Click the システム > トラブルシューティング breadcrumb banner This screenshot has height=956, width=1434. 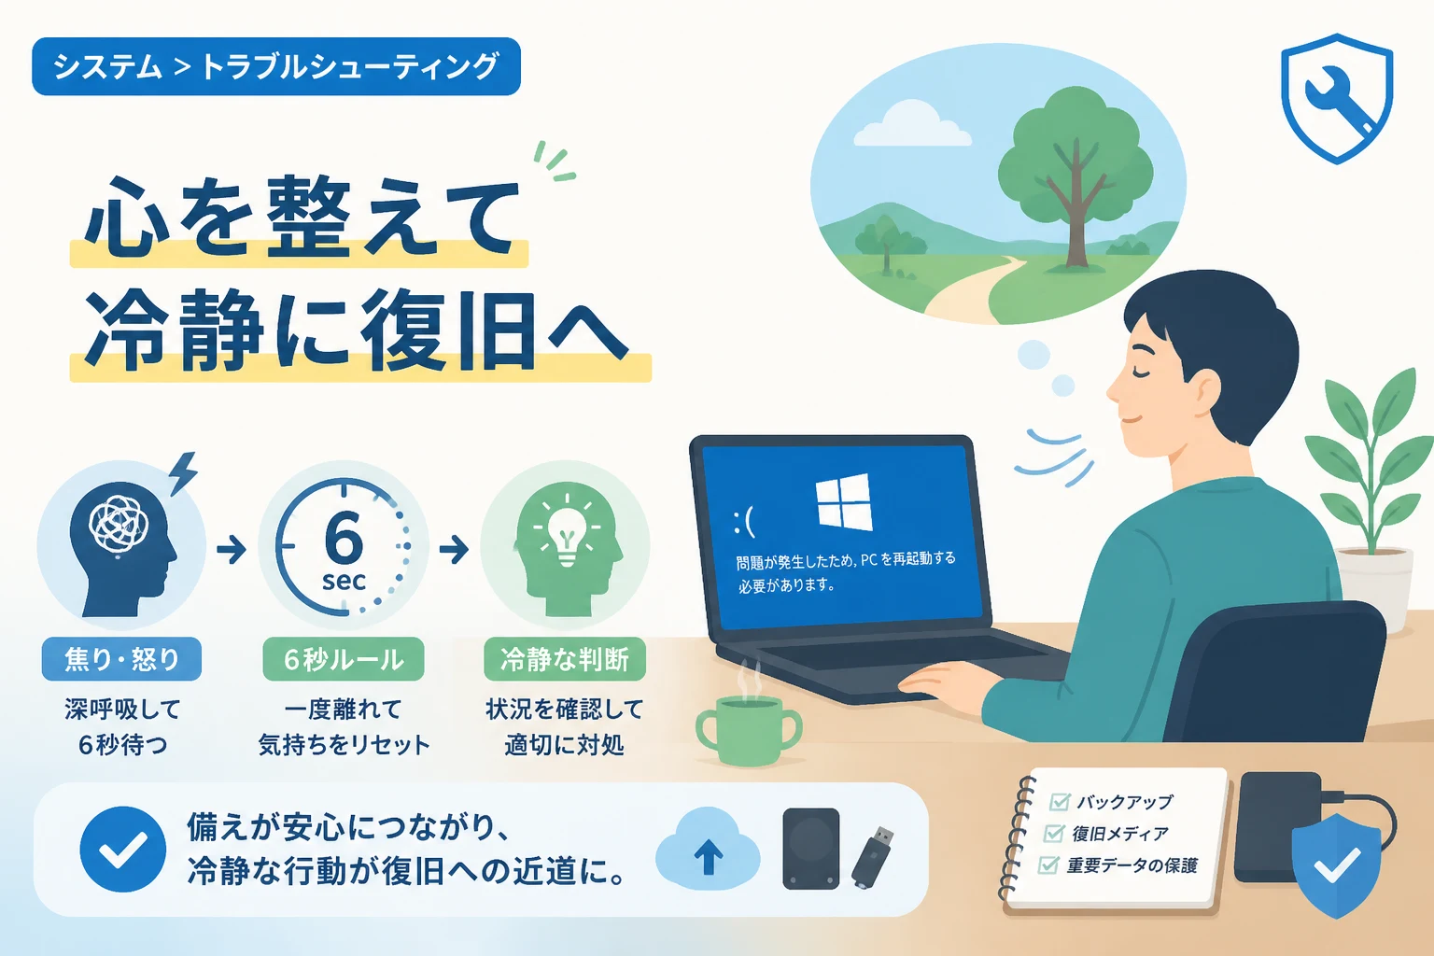pyautogui.click(x=276, y=66)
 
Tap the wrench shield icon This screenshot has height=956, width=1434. pyautogui.click(x=1337, y=98)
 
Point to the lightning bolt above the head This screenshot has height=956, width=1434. pyautogui.click(x=184, y=473)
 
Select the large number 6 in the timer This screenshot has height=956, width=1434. pyautogui.click(x=344, y=538)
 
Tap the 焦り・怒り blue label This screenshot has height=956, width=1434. pyautogui.click(x=121, y=659)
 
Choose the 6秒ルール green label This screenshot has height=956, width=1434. pyautogui.click(x=344, y=659)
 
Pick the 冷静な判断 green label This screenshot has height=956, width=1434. pyautogui.click(x=565, y=659)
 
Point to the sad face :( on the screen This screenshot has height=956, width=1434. pyautogui.click(x=744, y=522)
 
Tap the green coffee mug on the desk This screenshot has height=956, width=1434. pyautogui.click(x=749, y=731)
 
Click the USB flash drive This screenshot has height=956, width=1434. pyautogui.click(x=873, y=857)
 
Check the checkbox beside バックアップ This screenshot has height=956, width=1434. pyautogui.click(x=1060, y=801)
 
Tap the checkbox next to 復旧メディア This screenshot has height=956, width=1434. pyautogui.click(x=1054, y=833)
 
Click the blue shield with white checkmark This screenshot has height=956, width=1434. pyautogui.click(x=1336, y=865)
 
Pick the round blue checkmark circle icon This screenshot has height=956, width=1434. pyautogui.click(x=123, y=849)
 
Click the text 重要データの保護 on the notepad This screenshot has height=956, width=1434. pyautogui.click(x=1132, y=865)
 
